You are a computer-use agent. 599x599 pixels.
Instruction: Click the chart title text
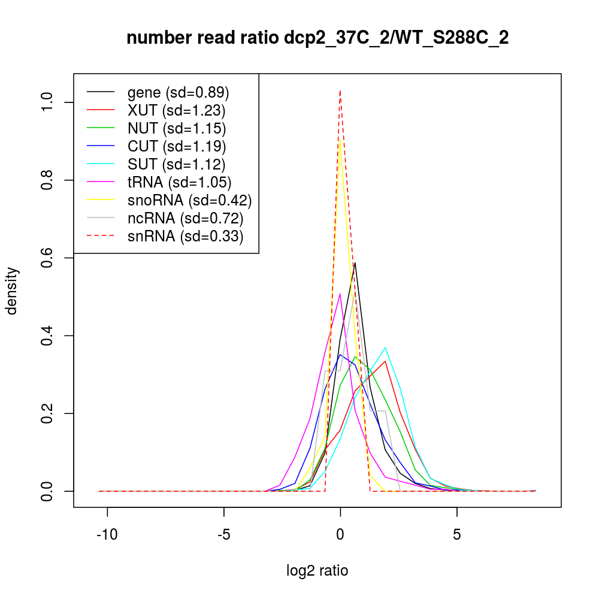tap(317, 38)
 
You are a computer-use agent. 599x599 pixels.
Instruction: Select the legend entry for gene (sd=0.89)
tap(178, 92)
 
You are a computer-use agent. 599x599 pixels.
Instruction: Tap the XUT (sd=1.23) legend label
tap(176, 110)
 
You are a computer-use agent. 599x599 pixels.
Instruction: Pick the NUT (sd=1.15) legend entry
tap(177, 128)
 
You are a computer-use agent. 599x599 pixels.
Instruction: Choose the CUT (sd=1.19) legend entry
tap(177, 146)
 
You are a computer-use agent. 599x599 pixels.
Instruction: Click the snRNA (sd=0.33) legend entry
tap(185, 236)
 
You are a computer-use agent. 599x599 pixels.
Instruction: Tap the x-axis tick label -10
tap(107, 534)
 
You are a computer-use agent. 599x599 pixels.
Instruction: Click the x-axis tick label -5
tap(223, 534)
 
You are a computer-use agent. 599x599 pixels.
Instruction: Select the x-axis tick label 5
tap(456, 534)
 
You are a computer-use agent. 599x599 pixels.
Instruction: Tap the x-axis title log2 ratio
tap(317, 570)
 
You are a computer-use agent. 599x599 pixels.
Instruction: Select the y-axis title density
tap(13, 291)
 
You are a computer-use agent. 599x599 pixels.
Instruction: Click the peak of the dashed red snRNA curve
tap(340, 91)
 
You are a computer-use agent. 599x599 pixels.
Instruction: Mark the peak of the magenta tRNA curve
tap(340, 294)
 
